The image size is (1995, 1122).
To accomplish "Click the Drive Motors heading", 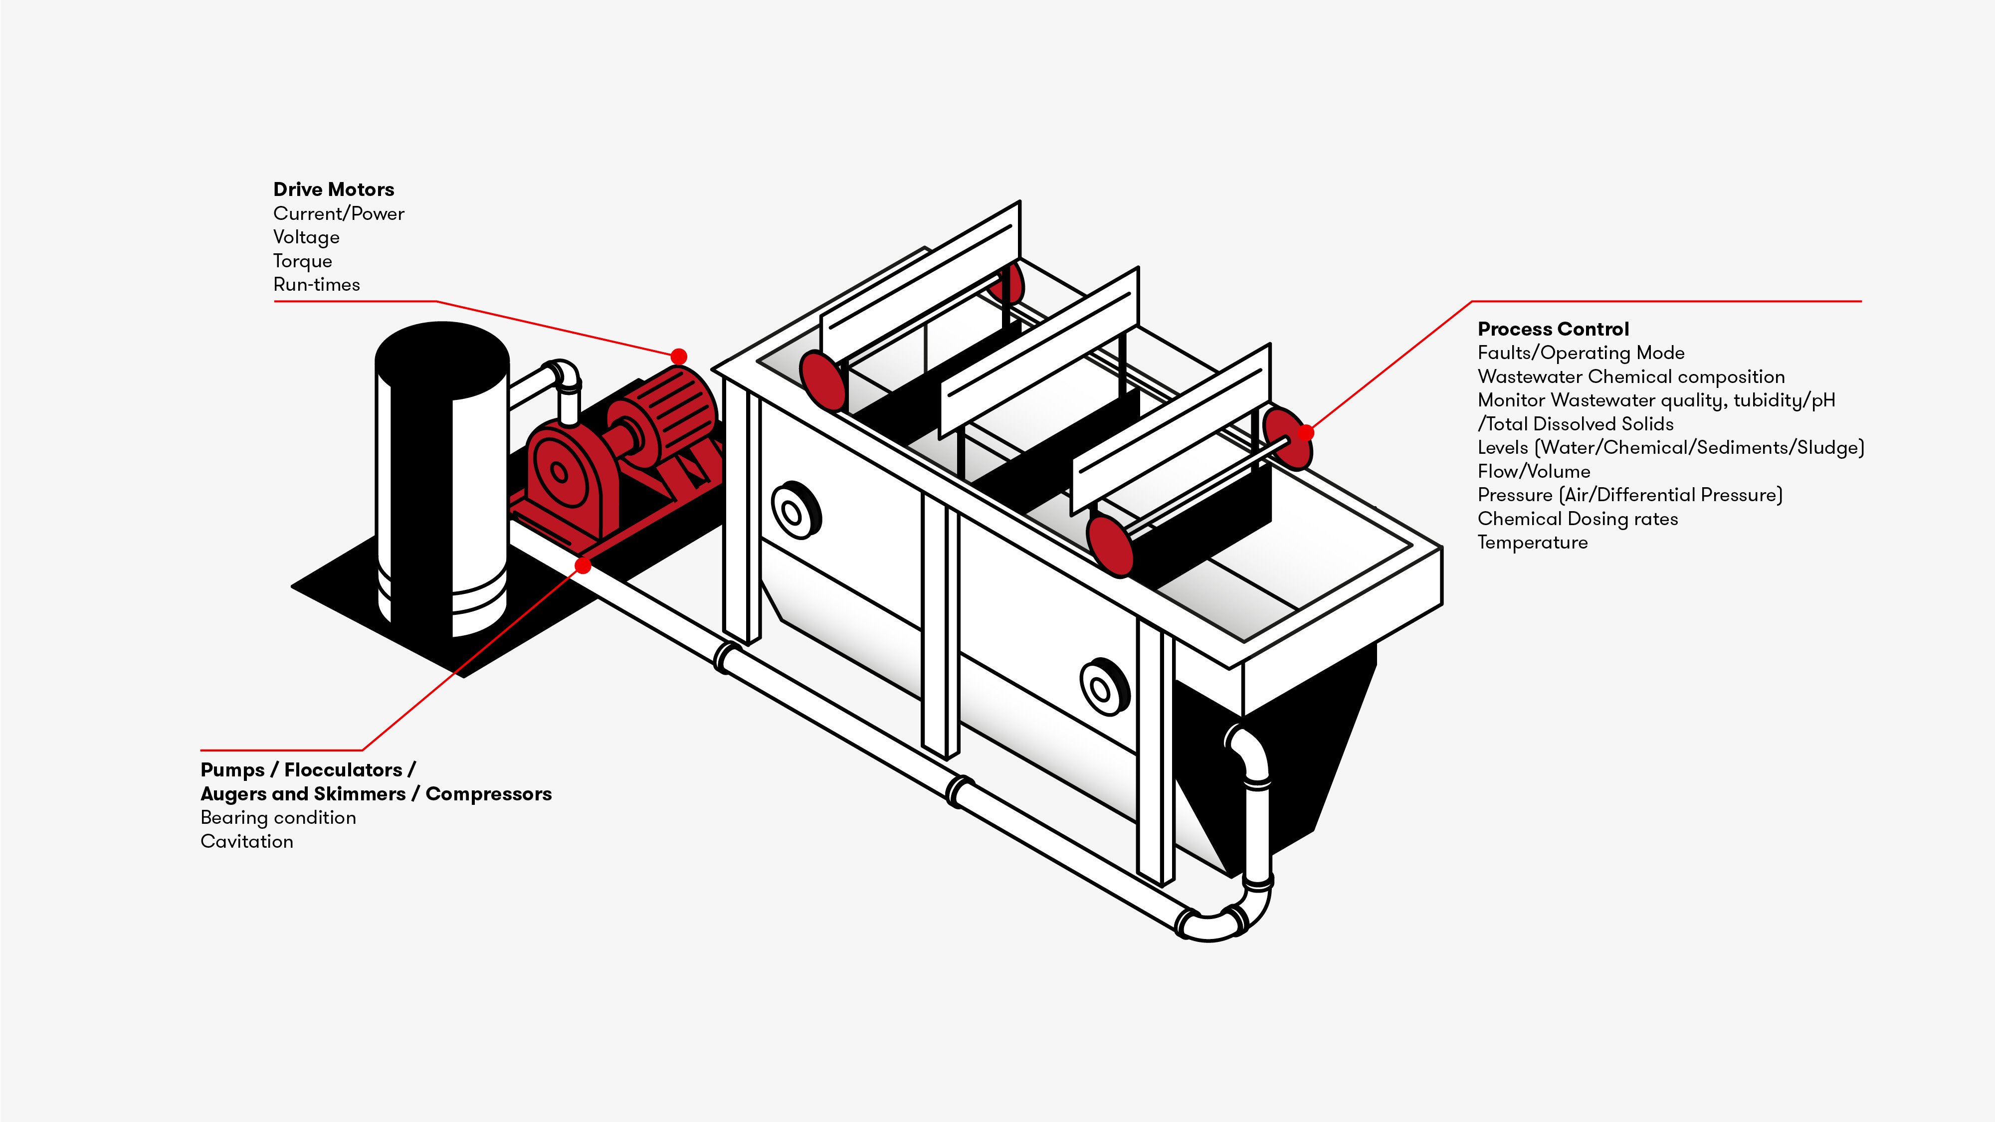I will coord(333,189).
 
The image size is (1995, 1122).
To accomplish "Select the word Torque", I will coord(302,261).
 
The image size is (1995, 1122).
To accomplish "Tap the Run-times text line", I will coord(316,284).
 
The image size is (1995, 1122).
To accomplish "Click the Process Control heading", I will coord(1553,329).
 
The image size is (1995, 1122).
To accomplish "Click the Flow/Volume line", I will coord(1534,472).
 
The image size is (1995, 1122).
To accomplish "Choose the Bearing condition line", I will coord(278,818).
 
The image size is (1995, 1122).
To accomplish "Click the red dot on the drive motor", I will coord(678,356).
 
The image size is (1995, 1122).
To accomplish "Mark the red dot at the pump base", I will coord(583,566).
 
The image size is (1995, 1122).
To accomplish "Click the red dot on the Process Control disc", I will coord(1306,432).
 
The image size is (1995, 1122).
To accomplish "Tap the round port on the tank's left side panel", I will coord(795,511).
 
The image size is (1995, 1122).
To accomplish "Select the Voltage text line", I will coord(306,237).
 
